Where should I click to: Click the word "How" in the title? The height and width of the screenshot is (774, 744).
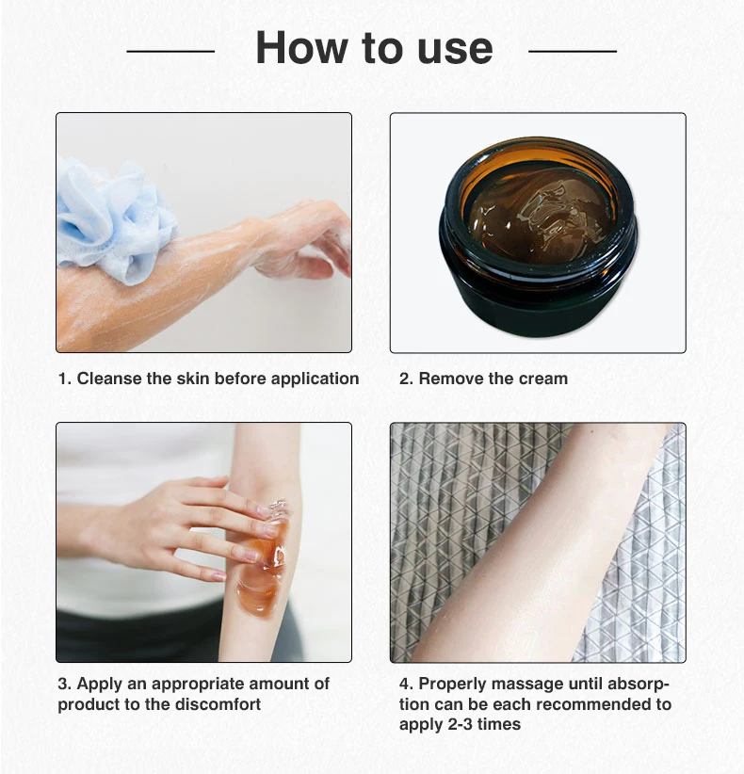(x=301, y=47)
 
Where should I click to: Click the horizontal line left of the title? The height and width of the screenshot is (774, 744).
(x=170, y=50)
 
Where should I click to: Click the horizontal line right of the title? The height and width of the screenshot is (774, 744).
(x=573, y=50)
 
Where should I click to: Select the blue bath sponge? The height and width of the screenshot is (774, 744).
(x=114, y=219)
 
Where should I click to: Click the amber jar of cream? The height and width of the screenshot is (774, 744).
(x=538, y=237)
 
